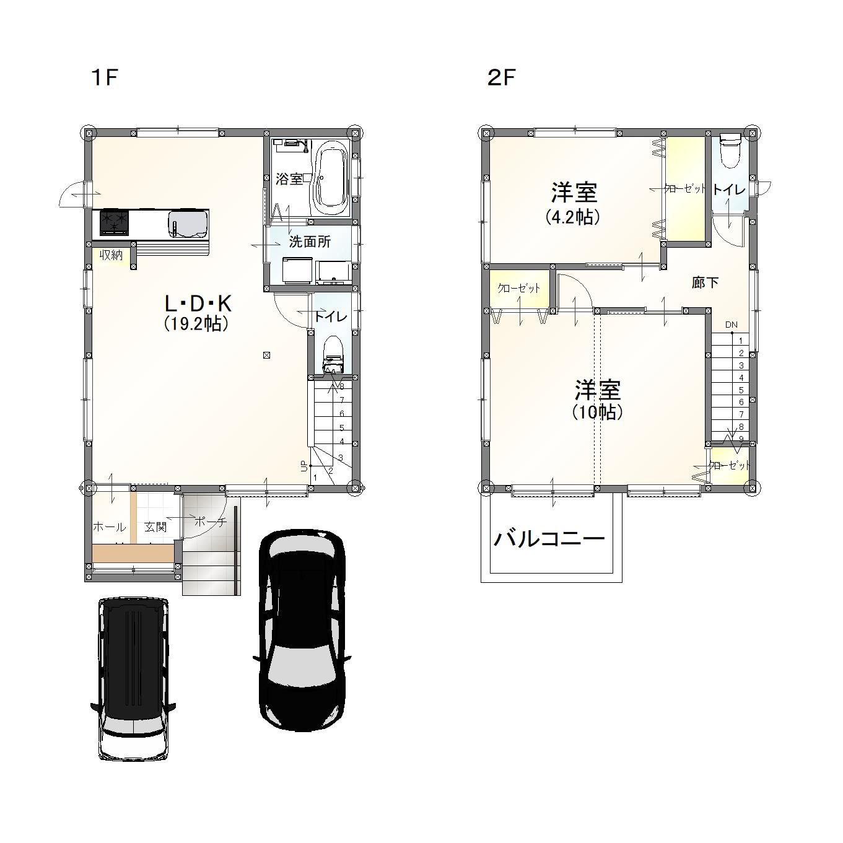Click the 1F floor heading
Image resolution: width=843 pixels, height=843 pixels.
pos(105,78)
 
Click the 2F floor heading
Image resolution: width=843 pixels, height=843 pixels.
pos(501,78)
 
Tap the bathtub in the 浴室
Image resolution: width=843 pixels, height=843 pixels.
pos(330,179)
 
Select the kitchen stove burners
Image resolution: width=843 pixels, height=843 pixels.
pos(115,222)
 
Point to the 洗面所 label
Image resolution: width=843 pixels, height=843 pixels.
pos(310,242)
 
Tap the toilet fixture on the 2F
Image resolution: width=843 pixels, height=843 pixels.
pos(730,151)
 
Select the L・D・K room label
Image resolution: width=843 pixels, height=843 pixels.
pos(198,303)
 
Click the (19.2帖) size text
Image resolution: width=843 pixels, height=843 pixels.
pos(196,324)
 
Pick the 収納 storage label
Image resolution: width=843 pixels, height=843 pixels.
pos(111,255)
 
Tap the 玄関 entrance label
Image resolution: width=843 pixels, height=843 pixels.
pos(155,526)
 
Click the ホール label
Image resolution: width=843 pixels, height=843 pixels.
pos(110,527)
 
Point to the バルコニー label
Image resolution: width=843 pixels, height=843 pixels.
pos(549,539)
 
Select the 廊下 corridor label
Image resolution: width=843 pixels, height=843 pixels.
pos(705,283)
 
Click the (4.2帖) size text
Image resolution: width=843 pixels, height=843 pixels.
pos(573,217)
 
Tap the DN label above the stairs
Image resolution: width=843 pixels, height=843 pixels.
pos(732,325)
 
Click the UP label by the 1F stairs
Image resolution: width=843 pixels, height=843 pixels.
pos(304,466)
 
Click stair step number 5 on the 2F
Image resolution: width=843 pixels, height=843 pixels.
pos(741,390)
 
